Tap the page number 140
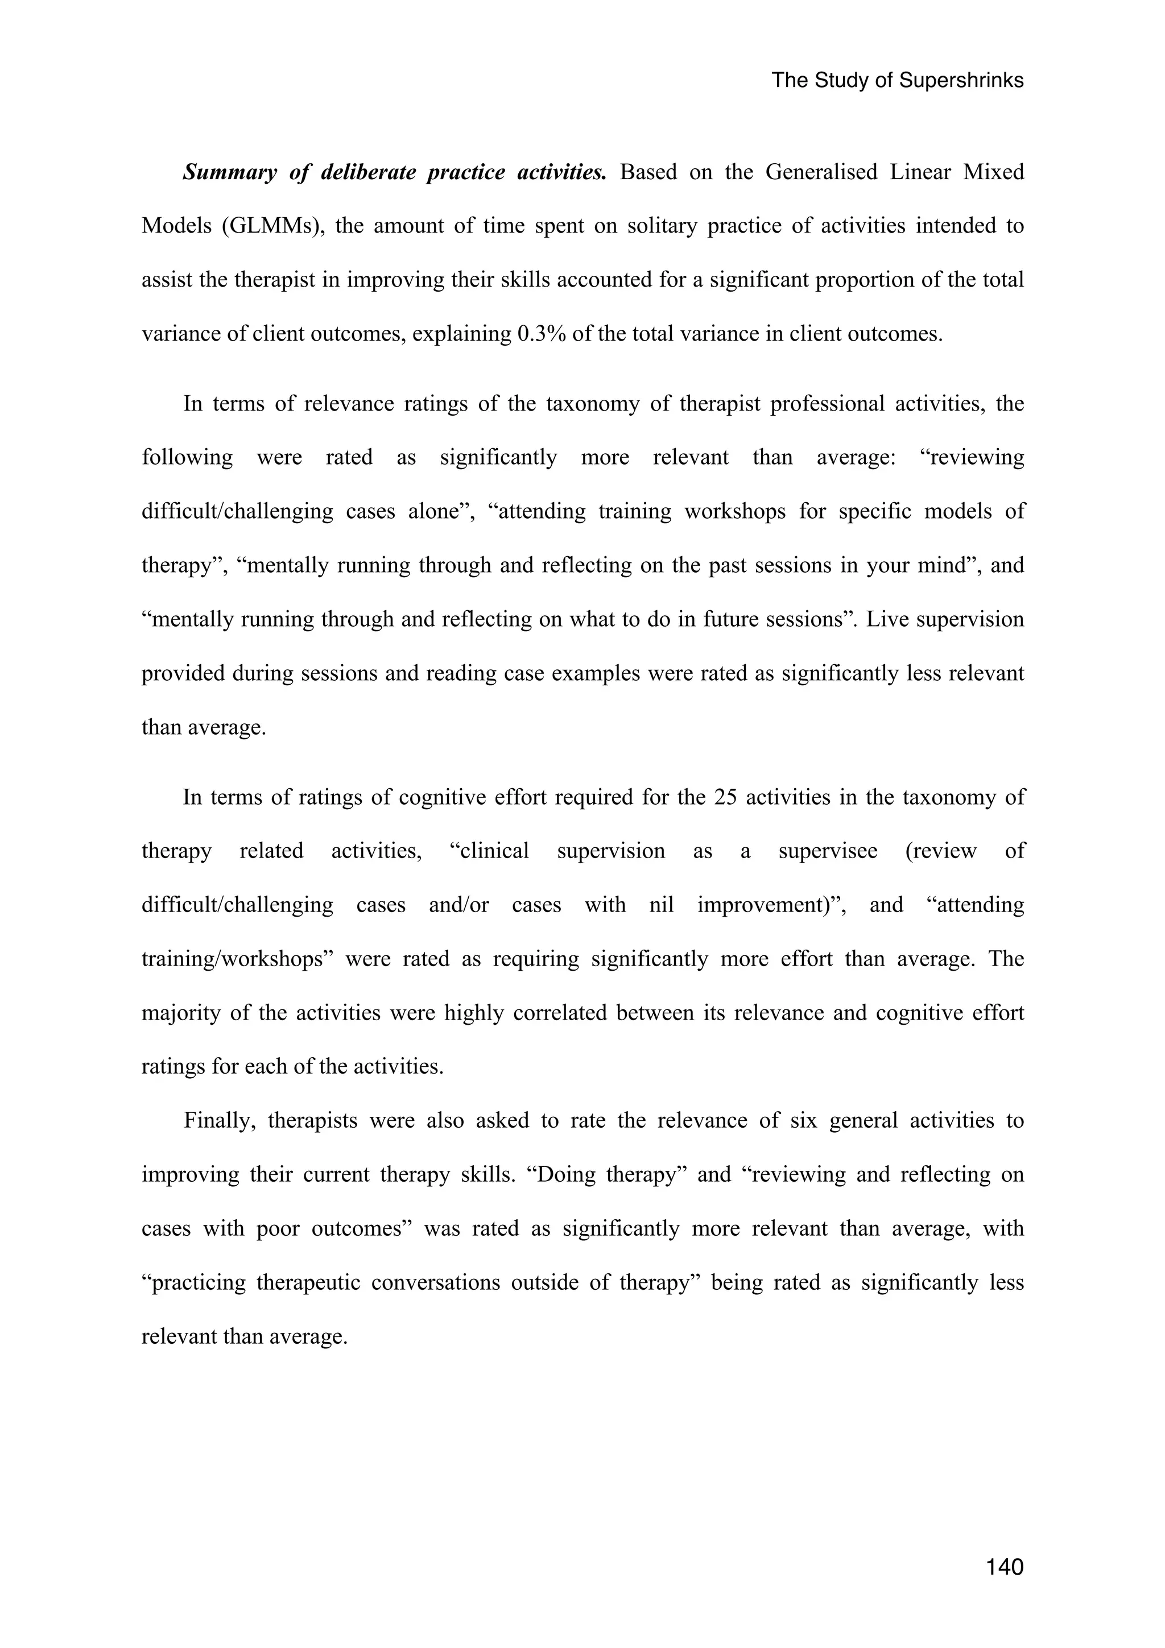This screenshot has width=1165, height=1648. point(1004,1567)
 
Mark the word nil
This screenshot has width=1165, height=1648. point(661,905)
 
